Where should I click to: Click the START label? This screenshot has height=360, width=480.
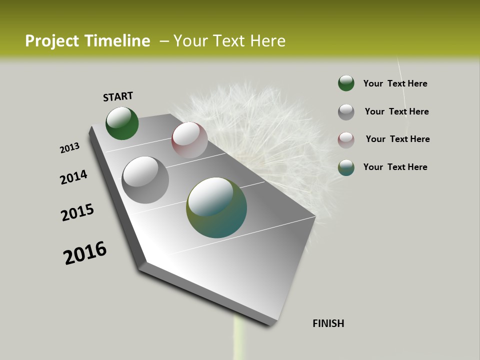click(x=118, y=96)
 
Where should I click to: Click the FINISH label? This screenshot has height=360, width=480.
click(x=328, y=323)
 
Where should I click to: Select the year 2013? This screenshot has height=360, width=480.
click(x=70, y=147)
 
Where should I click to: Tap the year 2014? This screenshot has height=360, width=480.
click(x=73, y=177)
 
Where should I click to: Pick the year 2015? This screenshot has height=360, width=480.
click(x=77, y=212)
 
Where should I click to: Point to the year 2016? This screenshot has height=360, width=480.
click(x=85, y=252)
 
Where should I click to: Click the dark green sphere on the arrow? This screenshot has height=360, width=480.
click(x=122, y=123)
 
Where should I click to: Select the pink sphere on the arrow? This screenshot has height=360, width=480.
click(x=189, y=140)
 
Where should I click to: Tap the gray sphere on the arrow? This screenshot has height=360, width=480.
click(x=145, y=179)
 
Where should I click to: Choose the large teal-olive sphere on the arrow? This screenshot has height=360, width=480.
click(x=216, y=207)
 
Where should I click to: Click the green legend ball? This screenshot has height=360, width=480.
click(x=346, y=83)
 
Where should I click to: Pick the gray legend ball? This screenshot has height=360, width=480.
click(x=346, y=112)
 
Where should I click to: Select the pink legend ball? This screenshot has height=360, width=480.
click(x=346, y=140)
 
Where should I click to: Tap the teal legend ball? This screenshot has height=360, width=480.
click(x=346, y=167)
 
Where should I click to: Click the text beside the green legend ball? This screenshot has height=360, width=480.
click(x=395, y=83)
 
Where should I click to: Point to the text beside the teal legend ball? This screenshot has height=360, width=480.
click(x=395, y=167)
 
